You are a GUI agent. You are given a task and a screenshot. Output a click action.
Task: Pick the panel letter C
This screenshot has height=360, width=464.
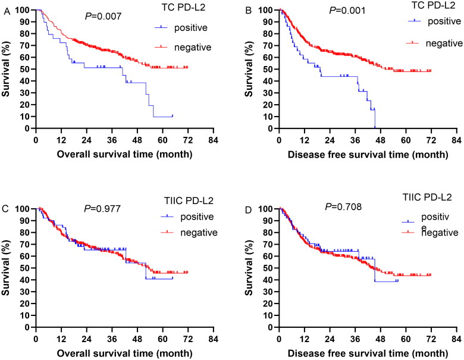tap(5, 209)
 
